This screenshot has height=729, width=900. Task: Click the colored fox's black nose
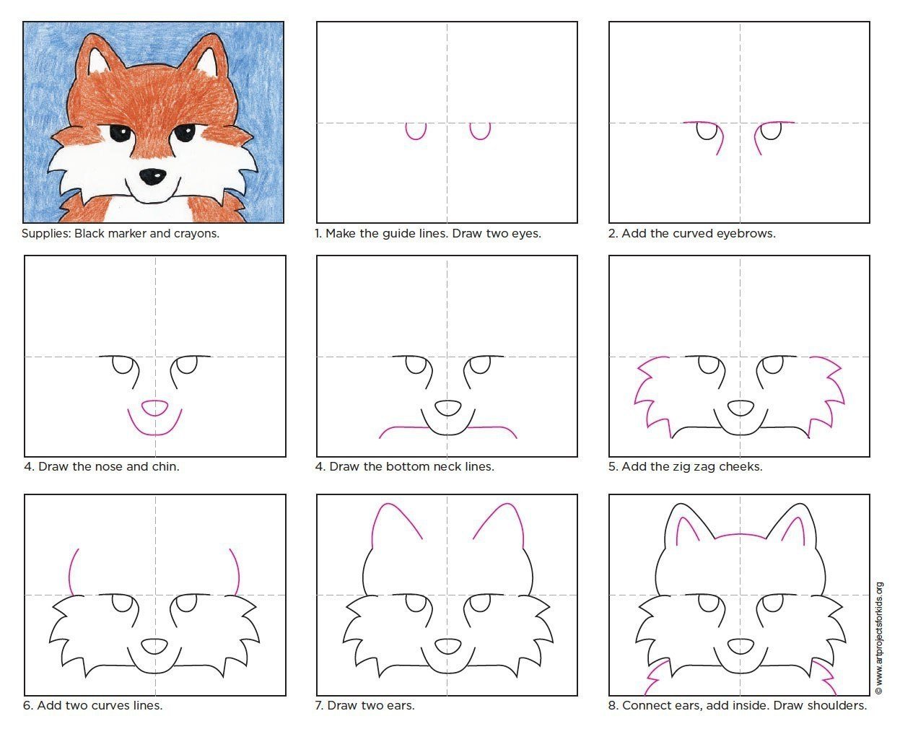click(x=153, y=177)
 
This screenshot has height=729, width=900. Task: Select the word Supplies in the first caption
click(x=46, y=234)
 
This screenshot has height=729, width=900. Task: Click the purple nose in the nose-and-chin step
click(x=154, y=409)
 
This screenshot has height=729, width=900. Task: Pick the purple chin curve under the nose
click(x=154, y=435)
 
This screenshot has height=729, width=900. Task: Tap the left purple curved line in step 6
click(x=70, y=572)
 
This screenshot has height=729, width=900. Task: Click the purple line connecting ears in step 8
click(x=740, y=534)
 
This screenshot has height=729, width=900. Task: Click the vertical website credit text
click(x=879, y=638)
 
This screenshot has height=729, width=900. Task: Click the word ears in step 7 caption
click(x=401, y=706)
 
